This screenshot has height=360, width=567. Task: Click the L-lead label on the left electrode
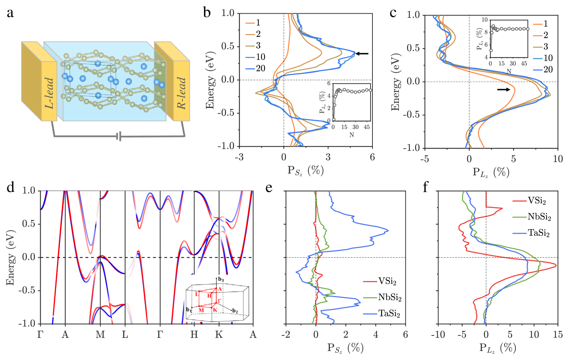[49, 93]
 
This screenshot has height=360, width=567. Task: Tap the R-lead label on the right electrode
[181, 93]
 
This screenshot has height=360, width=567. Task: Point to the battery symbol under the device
[119, 136]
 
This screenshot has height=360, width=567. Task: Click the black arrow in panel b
[362, 54]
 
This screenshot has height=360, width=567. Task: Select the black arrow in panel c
[503, 89]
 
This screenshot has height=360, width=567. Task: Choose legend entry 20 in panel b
[260, 68]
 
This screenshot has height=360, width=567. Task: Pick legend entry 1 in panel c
[545, 23]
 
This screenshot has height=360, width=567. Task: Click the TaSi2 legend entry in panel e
[389, 313]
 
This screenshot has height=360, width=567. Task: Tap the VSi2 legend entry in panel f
[537, 200]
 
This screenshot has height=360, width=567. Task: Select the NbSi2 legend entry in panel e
[390, 297]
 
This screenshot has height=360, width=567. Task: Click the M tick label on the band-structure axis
[100, 335]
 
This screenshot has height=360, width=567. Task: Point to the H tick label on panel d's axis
[194, 335]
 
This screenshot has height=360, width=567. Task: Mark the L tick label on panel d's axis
[125, 335]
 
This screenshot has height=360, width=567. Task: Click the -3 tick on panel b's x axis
[239, 157]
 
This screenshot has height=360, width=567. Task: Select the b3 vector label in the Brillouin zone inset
[221, 280]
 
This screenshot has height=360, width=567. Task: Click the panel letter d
[11, 187]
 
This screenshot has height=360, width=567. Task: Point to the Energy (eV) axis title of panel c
[395, 82]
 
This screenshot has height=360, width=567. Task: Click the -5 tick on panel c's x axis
[425, 159]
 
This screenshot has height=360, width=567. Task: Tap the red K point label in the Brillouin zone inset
[215, 310]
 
